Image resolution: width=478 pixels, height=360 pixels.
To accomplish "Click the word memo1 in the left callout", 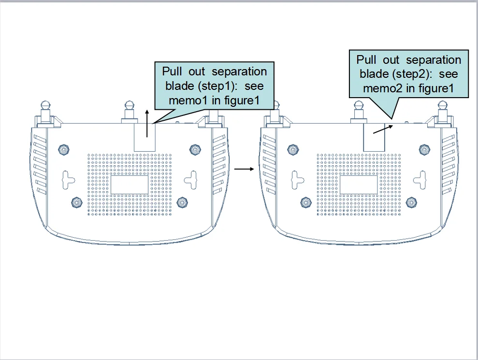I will coord(188,101).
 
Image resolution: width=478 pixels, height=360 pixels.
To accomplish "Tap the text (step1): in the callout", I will coord(214,86).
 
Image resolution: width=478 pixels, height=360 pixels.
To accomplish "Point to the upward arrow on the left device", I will coord(147,117).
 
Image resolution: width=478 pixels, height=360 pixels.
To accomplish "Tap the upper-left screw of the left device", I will coord(63,150).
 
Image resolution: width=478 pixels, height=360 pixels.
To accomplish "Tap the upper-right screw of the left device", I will coord(194,150).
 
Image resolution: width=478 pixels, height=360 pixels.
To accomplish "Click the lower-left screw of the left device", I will coord(76,201).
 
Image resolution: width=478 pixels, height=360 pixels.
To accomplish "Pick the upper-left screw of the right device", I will coord(292,150).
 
